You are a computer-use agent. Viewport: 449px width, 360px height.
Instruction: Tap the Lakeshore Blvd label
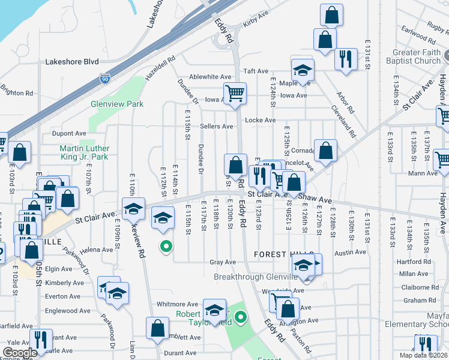[x=71, y=61]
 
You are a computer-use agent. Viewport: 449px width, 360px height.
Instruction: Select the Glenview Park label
[x=117, y=104]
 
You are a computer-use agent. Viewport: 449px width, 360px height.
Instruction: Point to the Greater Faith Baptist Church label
[x=417, y=56]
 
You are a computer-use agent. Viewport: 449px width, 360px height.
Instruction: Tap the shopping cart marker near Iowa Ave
[x=235, y=94]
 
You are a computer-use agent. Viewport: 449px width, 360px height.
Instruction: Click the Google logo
[x=20, y=353]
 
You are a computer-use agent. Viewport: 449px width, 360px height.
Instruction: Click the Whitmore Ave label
[x=177, y=304]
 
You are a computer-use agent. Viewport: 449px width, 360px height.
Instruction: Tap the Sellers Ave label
[x=217, y=127]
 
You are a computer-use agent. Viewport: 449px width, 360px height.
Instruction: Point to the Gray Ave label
[x=223, y=263]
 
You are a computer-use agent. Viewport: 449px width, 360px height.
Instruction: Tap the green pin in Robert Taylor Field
[x=241, y=316]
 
